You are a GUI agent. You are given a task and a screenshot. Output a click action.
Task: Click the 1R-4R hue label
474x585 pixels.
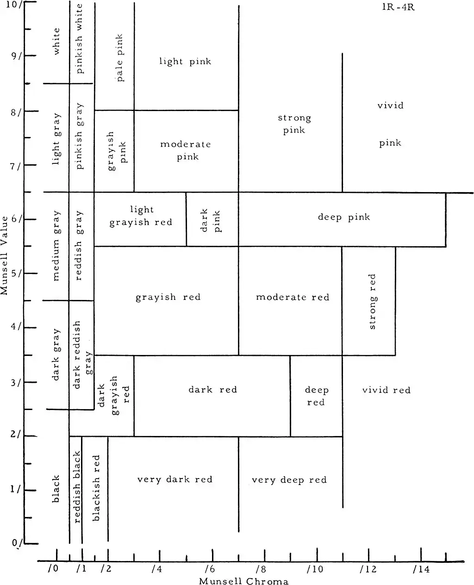399,8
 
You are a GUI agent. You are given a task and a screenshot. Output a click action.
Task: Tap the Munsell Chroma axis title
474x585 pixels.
243,581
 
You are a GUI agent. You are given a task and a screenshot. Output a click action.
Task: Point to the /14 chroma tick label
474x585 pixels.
421,569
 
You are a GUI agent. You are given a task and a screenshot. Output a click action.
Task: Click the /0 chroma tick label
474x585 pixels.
53,569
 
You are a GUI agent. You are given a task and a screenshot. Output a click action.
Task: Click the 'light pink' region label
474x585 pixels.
185,61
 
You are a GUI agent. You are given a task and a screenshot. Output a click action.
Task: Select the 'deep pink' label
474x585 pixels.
344,217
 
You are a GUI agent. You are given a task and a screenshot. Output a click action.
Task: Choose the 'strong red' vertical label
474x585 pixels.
372,301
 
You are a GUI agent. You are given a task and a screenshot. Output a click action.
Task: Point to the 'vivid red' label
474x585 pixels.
386,390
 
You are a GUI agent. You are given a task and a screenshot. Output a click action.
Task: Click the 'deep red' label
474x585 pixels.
316,396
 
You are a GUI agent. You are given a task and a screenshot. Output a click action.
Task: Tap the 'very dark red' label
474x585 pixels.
175,479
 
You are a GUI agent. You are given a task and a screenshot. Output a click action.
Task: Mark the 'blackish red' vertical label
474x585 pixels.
96,488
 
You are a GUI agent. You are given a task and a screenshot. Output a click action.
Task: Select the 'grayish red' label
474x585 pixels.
168,297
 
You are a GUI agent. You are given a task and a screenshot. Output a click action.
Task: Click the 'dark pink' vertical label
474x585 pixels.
211,221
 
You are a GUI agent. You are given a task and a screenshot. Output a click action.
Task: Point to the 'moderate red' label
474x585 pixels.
293,297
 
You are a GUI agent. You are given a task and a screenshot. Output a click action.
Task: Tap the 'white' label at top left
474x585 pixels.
56,41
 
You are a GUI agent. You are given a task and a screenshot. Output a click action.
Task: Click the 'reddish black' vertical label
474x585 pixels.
76,487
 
